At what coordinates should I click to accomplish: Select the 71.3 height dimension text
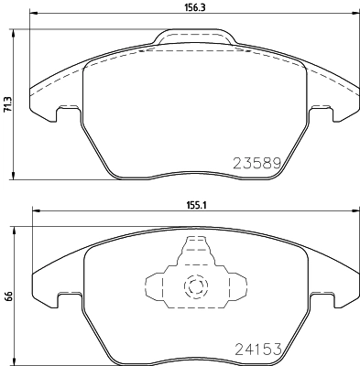coord(7,106)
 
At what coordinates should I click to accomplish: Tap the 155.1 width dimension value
coord(192,206)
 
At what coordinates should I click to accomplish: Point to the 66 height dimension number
coord(7,296)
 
